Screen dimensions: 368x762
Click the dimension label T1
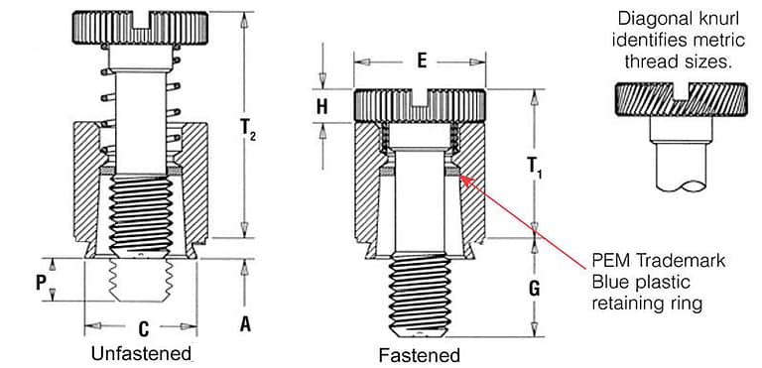pos(534,164)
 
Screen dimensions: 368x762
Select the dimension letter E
pos(421,61)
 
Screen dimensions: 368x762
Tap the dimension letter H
pos(321,106)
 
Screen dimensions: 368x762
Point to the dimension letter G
pos(535,289)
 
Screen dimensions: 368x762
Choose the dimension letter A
pos(245,322)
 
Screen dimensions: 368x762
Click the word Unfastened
pos(139,353)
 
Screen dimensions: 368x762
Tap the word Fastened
pos(419,354)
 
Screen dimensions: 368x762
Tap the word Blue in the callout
pos(609,283)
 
